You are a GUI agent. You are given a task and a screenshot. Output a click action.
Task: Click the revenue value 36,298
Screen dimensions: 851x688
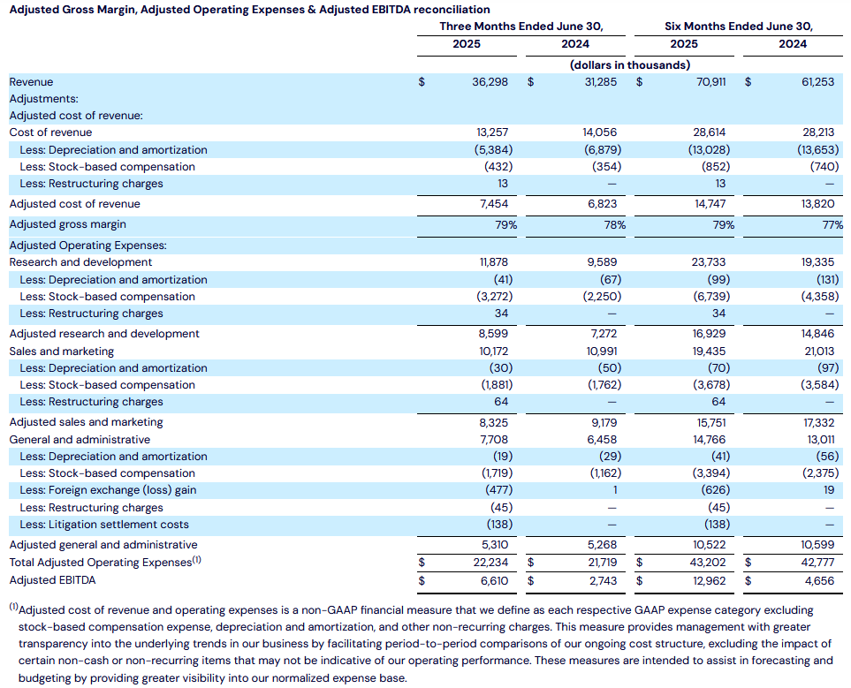click(490, 82)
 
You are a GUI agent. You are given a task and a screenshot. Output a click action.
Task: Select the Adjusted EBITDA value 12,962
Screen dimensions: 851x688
click(708, 580)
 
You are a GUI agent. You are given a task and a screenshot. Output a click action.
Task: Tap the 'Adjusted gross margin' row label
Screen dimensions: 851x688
click(67, 224)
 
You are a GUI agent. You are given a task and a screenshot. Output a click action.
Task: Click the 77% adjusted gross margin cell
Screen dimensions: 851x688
click(832, 224)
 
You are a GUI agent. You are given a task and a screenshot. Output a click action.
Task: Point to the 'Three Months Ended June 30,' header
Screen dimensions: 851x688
click(521, 26)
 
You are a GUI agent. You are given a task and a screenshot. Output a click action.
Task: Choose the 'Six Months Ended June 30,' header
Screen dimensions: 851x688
click(739, 26)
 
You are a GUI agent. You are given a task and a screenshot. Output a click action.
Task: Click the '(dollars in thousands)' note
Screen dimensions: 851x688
click(629, 65)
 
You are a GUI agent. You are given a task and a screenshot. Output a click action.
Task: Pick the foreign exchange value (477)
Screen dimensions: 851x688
click(498, 490)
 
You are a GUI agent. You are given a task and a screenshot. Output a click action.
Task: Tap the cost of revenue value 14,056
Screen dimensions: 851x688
click(601, 132)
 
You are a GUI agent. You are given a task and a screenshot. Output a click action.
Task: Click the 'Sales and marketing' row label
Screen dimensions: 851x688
click(61, 352)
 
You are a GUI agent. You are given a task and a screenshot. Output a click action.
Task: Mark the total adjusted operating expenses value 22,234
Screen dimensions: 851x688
click(490, 563)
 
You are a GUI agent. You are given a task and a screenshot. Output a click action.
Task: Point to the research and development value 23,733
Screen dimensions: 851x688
click(708, 262)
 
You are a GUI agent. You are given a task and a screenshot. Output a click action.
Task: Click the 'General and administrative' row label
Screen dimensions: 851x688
click(80, 440)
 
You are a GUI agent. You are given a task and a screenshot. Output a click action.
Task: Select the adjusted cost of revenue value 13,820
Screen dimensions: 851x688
click(818, 204)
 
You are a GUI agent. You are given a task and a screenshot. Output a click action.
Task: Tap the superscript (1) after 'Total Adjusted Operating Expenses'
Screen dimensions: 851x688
click(196, 560)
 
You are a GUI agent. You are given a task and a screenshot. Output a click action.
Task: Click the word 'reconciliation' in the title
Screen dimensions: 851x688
click(452, 10)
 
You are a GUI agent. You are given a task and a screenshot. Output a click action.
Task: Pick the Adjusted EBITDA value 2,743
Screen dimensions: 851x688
click(603, 580)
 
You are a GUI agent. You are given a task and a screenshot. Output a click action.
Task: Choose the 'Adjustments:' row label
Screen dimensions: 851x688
click(43, 99)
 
